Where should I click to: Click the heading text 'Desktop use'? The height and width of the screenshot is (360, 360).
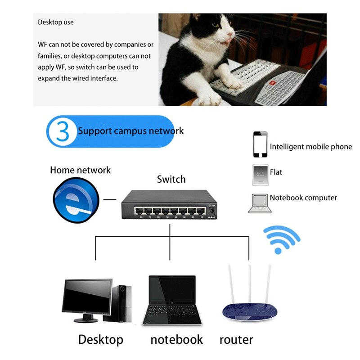(x=56, y=22)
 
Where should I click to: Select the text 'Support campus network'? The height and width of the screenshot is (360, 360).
(x=130, y=131)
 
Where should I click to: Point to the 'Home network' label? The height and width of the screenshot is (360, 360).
(x=80, y=170)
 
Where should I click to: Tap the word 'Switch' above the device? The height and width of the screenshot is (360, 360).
(x=171, y=179)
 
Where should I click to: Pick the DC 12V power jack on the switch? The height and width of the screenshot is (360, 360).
(x=211, y=211)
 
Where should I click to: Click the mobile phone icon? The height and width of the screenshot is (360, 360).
(x=260, y=144)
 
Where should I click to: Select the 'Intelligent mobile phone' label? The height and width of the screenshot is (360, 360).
(x=311, y=147)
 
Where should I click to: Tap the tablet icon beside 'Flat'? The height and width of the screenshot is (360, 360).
(x=260, y=175)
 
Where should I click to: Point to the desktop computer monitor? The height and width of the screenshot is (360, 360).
(x=87, y=297)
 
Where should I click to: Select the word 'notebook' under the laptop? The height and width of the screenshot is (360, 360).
(x=176, y=339)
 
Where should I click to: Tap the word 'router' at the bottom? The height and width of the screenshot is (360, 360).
(x=236, y=339)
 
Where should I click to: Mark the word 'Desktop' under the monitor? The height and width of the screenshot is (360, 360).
(x=100, y=339)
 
